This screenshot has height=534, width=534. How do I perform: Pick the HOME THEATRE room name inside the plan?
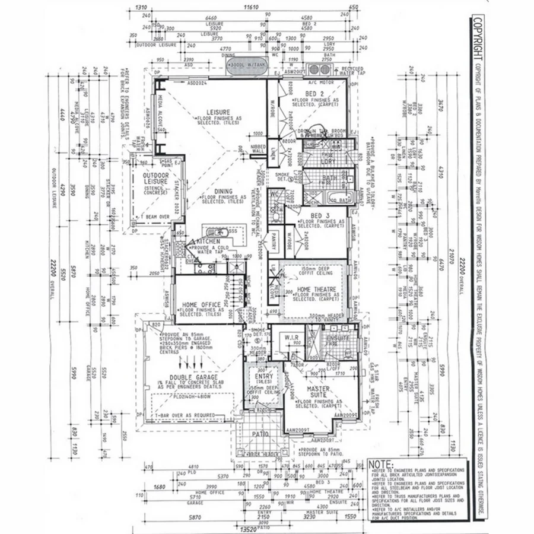pos(314,289)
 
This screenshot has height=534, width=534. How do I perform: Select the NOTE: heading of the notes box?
pos(380,464)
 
